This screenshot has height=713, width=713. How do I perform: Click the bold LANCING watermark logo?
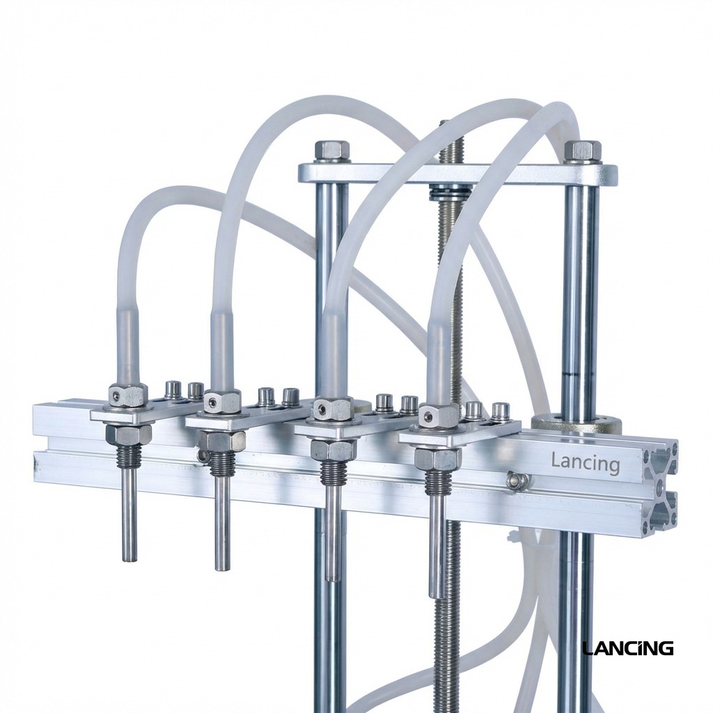pos(627,648)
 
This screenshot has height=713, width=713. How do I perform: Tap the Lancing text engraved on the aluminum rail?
pos(585,462)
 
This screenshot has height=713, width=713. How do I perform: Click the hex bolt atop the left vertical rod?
pos(332,150)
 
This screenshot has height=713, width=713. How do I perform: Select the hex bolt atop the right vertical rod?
pos(582,151)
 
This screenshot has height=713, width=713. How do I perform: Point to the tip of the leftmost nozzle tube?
pos(130,557)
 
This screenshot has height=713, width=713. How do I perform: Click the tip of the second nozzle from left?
pos(222,567)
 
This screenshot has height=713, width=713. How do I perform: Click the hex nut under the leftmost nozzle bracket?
pos(128,434)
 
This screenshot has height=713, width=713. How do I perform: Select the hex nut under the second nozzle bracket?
pos(222,441)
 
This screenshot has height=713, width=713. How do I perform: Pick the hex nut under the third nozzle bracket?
pos(333,450)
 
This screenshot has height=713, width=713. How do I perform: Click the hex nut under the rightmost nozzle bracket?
pos(437,459)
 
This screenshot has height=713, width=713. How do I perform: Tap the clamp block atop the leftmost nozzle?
pos(128,395)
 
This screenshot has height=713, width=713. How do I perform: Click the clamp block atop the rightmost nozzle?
pos(439,416)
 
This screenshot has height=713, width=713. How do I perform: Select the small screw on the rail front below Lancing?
pos(517,480)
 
